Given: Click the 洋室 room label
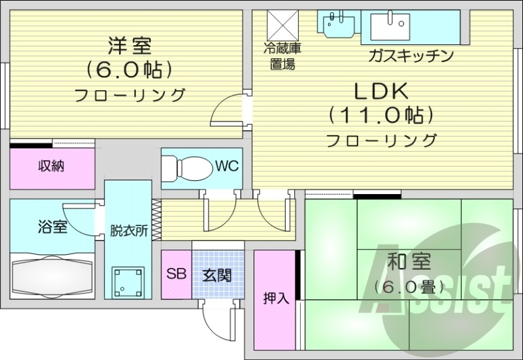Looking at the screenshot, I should tap(129, 46).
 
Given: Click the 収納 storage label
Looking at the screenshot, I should tap(50, 166).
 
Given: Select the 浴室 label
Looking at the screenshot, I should tap(52, 227).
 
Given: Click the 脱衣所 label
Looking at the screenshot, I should tap(128, 231).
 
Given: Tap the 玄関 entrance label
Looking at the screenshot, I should tap(216, 274).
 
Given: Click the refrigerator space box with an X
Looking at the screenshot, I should tap(282, 25).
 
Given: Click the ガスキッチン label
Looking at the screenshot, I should tap(411, 56).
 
